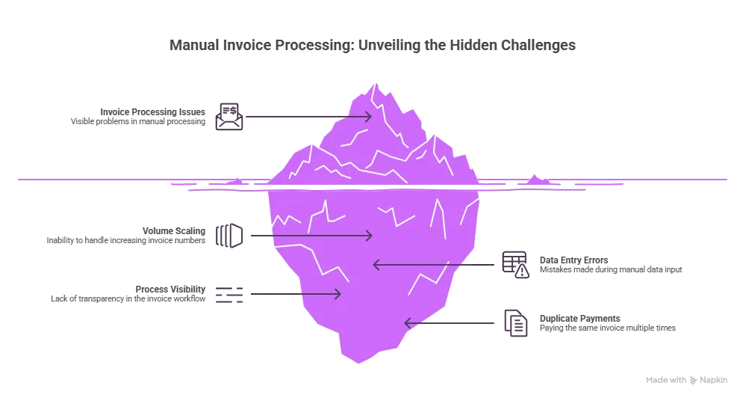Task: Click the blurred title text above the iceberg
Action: [x=373, y=47]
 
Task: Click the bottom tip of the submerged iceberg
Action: [x=359, y=362]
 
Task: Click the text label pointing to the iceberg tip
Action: [x=137, y=117]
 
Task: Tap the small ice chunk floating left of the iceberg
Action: [x=236, y=180]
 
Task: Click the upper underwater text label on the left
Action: [x=124, y=236]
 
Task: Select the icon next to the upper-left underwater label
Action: [x=229, y=235]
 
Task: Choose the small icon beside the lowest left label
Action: [x=229, y=296]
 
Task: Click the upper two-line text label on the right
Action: [x=611, y=264]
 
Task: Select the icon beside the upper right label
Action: [x=515, y=263]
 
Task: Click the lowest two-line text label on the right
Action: [x=609, y=322]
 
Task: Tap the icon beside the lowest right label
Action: [x=515, y=322]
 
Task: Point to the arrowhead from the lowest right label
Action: [x=408, y=323]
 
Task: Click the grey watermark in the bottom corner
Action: [x=686, y=378]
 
